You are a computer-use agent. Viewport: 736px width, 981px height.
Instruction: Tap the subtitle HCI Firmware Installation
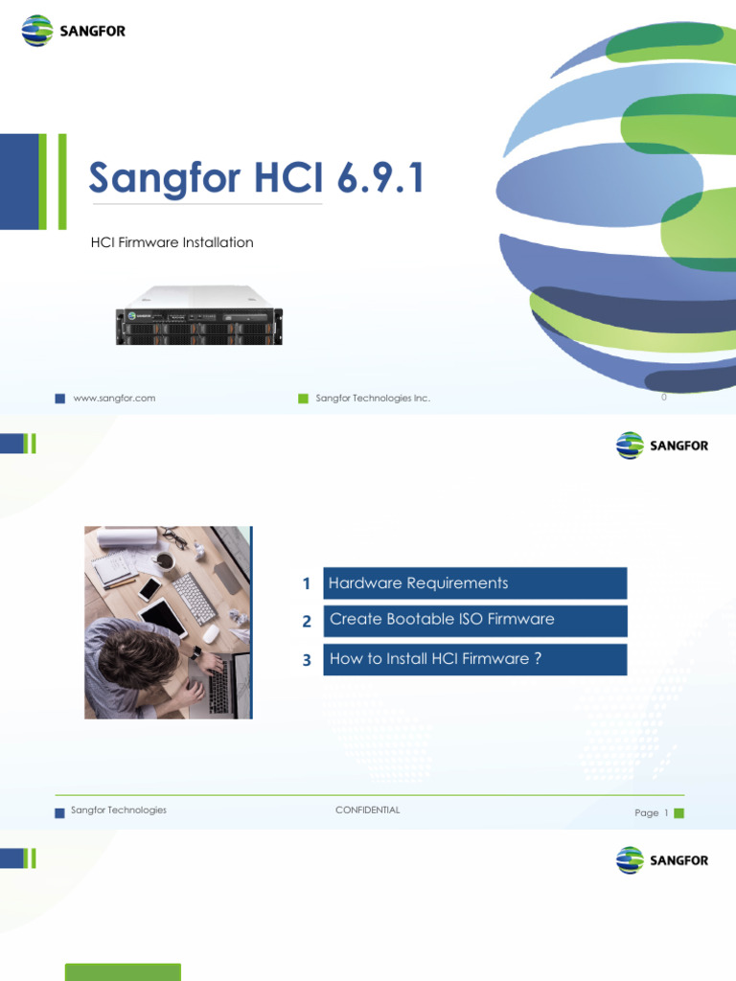[x=172, y=242]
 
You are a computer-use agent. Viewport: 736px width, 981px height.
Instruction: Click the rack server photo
[x=199, y=314]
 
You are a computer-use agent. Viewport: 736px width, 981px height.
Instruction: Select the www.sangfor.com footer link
[x=114, y=398]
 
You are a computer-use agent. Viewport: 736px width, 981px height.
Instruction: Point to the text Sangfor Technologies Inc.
[x=373, y=398]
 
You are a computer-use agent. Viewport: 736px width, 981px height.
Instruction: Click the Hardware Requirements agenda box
[x=474, y=583]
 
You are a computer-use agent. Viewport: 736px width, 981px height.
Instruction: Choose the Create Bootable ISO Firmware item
[x=474, y=620]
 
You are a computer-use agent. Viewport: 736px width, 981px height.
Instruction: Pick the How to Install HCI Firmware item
[x=474, y=659]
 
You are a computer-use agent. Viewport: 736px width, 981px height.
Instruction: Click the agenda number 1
[x=306, y=584]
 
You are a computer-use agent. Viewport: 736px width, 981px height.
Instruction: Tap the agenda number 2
[x=307, y=622]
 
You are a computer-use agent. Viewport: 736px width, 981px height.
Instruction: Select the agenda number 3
[x=307, y=661]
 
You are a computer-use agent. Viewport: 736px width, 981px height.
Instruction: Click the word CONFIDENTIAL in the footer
[x=367, y=810]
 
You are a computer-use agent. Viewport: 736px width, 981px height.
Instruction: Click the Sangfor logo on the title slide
[x=74, y=31]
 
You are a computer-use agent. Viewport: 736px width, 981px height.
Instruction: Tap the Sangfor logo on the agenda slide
[x=662, y=445]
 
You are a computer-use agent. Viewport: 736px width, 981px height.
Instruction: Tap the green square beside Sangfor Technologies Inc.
[x=303, y=399]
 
